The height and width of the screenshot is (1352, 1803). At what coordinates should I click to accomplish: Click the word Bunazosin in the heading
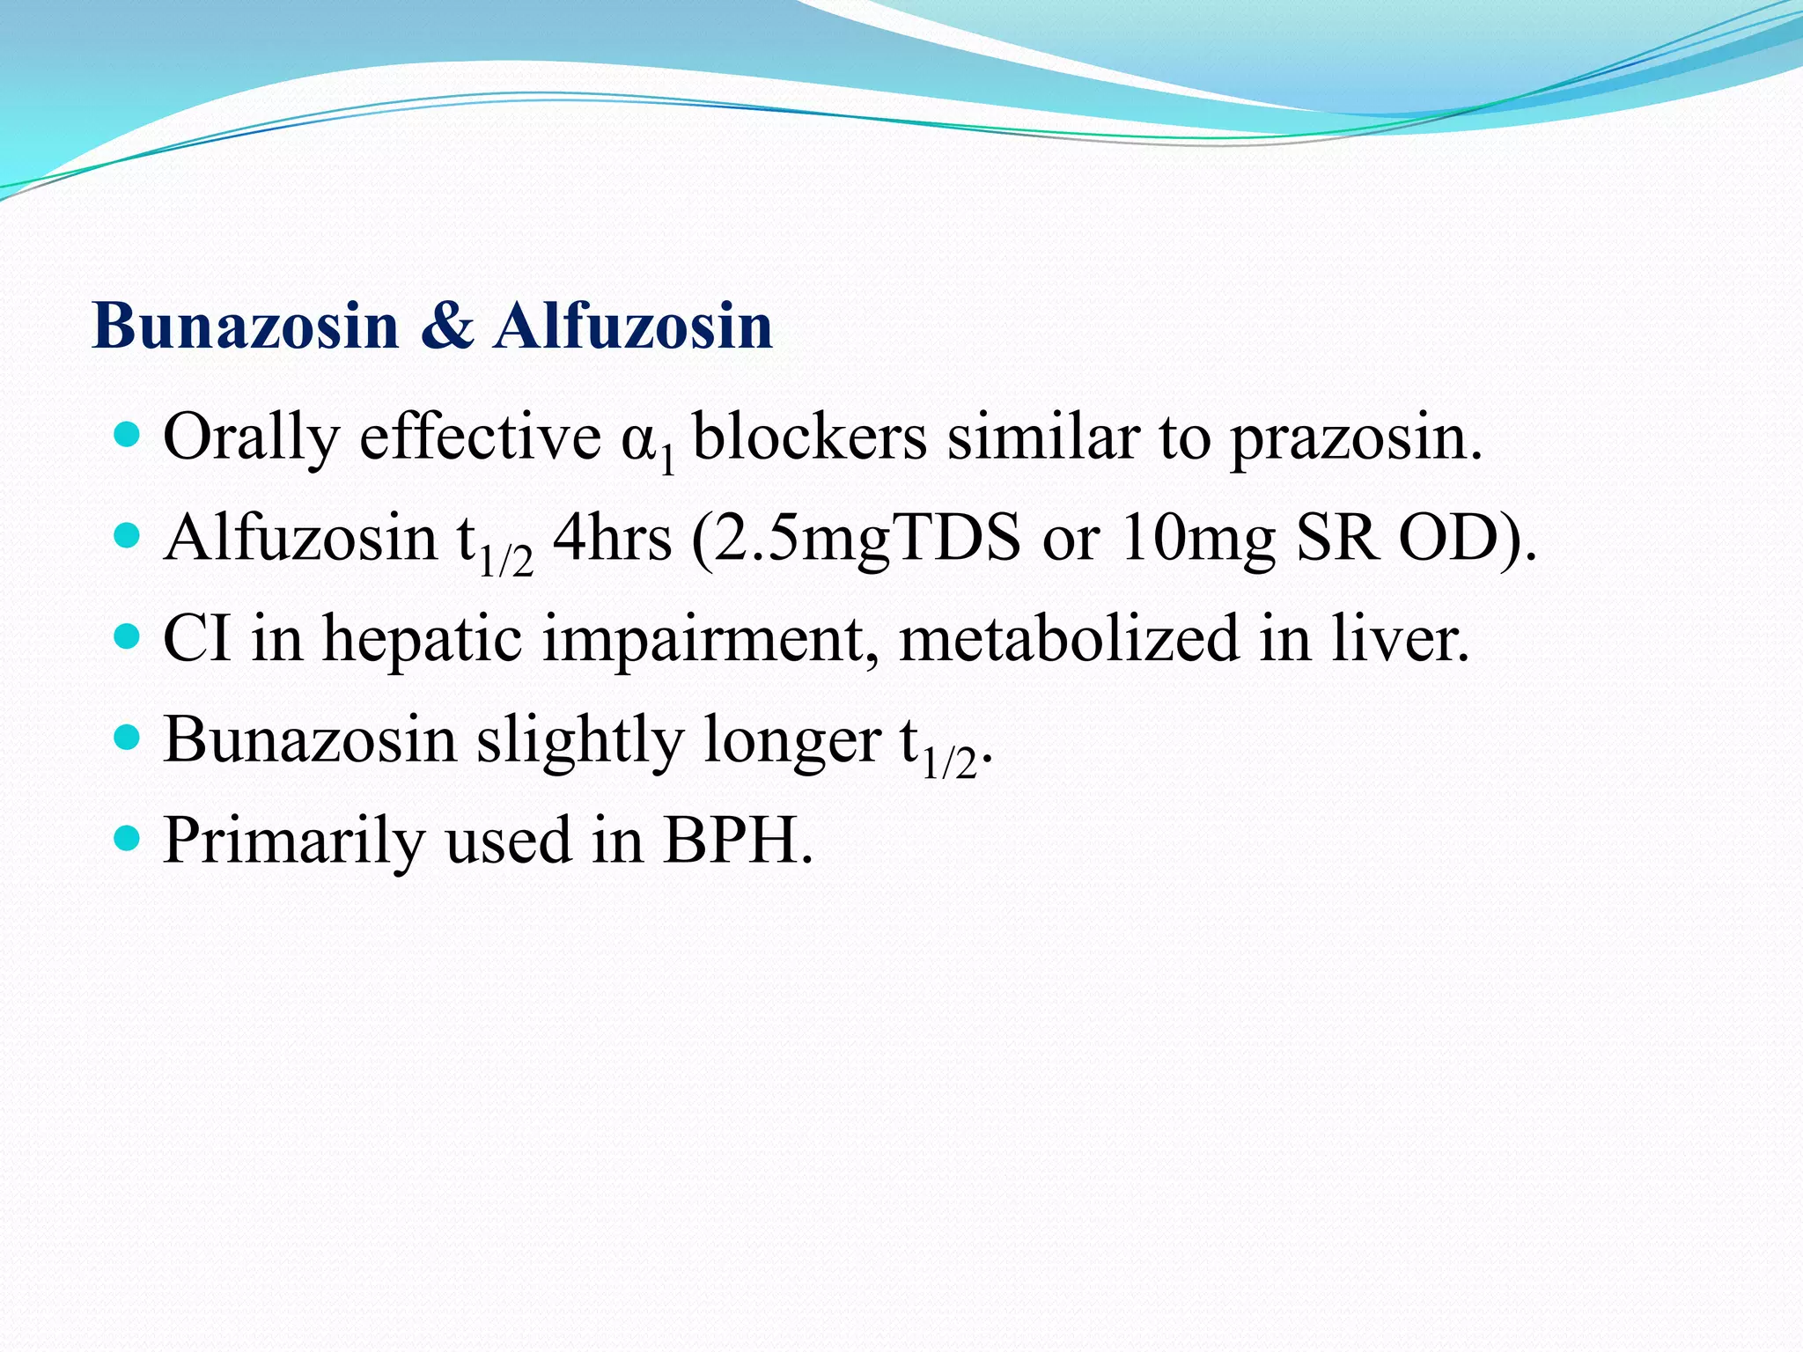coord(246,327)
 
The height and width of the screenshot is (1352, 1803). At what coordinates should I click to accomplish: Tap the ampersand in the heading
coord(446,327)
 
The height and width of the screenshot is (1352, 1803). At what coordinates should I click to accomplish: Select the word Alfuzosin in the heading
coord(633,327)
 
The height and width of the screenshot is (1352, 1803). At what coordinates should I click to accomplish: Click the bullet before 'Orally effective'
coord(128,435)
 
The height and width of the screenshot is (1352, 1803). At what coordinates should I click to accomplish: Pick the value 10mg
coord(1198,539)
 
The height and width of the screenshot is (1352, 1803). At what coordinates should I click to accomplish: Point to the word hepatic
coord(423,639)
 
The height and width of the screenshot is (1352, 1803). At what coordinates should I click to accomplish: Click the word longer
coord(792,741)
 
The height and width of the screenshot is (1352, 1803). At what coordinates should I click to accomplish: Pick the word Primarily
coord(294,841)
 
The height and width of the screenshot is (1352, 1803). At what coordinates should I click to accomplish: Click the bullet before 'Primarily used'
coord(128,838)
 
